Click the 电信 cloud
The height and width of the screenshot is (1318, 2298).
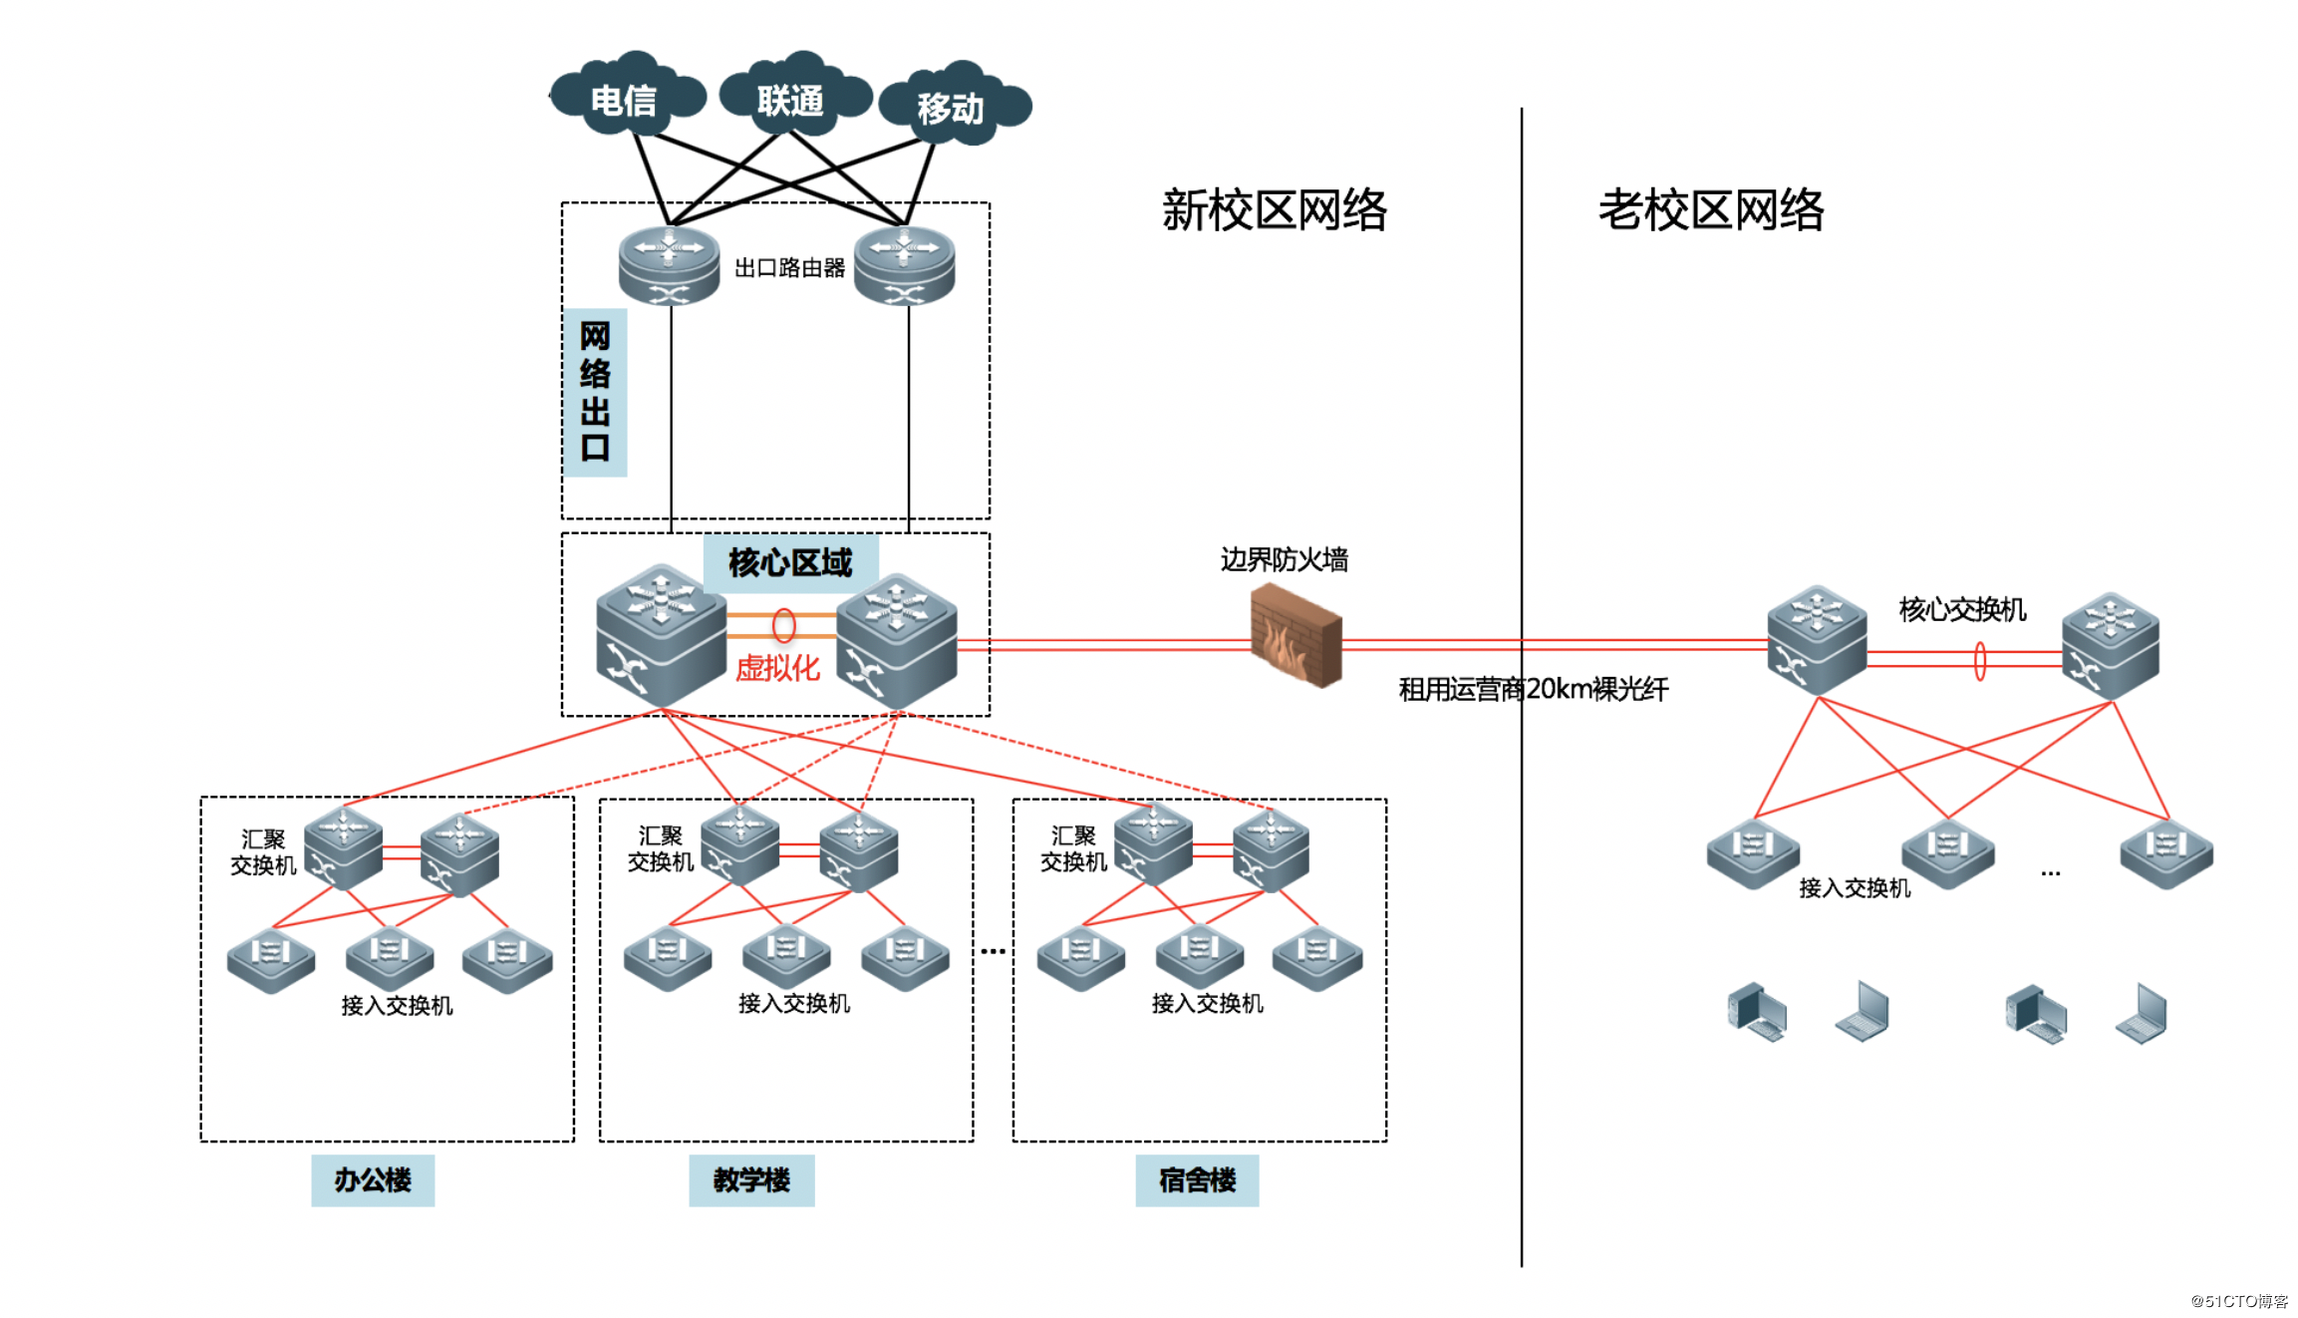point(626,98)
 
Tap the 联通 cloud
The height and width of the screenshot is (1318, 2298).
point(792,98)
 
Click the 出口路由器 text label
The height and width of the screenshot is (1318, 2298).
point(789,267)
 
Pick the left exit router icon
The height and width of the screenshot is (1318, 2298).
point(669,264)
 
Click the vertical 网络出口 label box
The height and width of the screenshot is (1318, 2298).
point(595,392)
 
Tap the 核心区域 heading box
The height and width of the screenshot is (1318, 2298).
point(790,563)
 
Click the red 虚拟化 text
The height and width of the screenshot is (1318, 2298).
point(777,667)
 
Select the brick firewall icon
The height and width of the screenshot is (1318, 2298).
point(1295,636)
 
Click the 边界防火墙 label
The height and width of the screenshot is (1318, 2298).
point(1284,559)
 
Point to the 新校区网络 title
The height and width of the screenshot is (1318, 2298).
point(1274,210)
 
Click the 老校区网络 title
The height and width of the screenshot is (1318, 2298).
point(1710,210)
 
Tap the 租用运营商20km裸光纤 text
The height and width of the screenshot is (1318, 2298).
point(1533,689)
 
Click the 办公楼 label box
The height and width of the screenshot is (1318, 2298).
point(373,1180)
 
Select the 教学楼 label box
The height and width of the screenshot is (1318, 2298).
point(751,1180)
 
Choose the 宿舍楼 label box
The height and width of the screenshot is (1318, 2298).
point(1197,1180)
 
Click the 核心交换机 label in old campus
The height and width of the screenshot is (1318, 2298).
point(1961,609)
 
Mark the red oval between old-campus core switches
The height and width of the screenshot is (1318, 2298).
point(1979,661)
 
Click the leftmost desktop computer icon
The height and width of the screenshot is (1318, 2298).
point(1756,1012)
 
